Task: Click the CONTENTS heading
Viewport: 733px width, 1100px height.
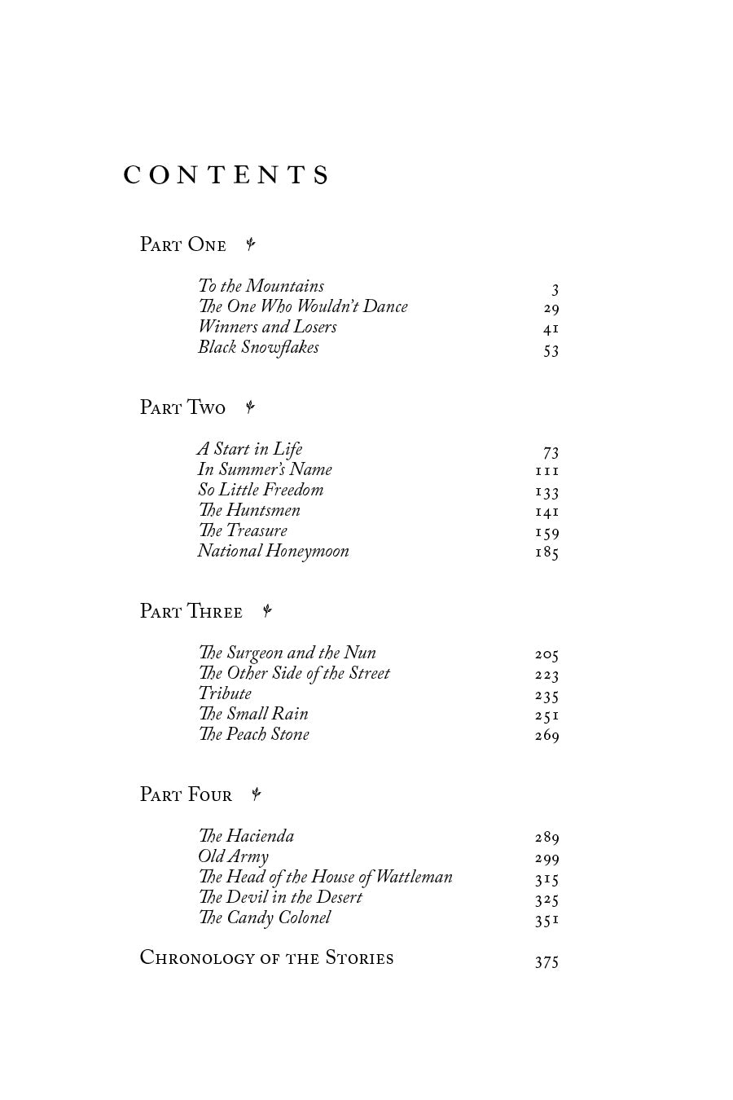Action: point(226,176)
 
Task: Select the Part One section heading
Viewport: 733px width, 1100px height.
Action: point(182,244)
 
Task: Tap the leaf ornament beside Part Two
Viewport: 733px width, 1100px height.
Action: point(251,407)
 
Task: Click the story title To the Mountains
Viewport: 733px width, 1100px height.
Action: point(261,286)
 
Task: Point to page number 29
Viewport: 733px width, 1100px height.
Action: point(551,309)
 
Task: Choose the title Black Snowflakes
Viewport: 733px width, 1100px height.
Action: point(258,348)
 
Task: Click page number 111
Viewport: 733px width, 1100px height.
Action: point(547,472)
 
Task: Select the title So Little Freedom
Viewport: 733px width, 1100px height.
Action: point(261,490)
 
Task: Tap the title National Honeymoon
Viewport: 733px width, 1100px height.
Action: point(273,551)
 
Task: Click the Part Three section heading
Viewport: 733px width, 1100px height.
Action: point(191,611)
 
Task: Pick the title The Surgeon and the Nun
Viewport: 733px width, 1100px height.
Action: point(287,653)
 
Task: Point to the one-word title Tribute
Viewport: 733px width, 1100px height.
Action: point(225,693)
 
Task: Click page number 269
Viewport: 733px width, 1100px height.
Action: point(547,737)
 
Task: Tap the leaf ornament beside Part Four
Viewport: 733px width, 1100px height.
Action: point(256,794)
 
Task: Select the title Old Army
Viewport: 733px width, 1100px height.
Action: point(233,856)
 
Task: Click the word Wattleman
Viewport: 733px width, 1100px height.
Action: point(414,877)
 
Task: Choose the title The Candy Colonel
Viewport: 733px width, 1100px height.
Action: point(265,917)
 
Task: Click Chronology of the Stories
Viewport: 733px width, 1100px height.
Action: point(266,958)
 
